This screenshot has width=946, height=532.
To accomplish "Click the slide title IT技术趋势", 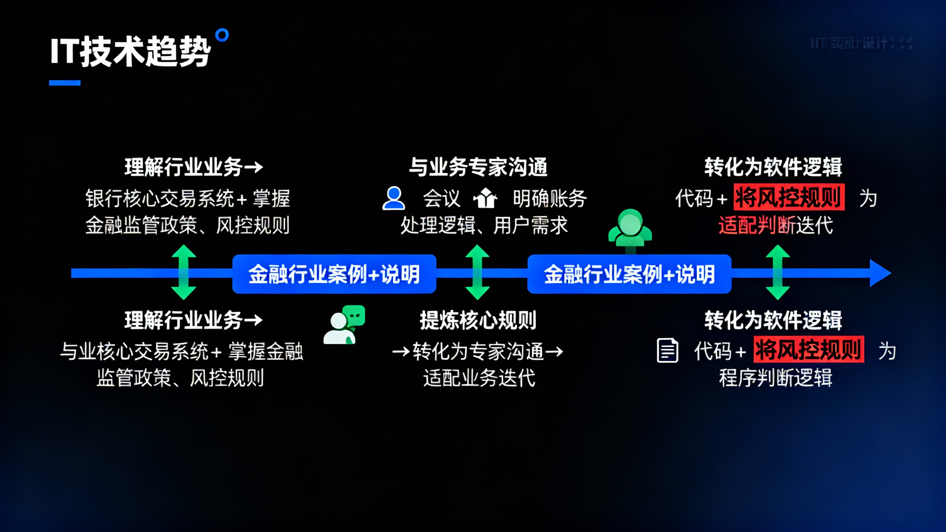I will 130,52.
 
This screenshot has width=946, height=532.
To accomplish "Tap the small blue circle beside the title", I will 222,36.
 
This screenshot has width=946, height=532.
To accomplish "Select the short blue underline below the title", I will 65,83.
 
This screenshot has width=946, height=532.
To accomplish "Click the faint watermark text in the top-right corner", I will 861,43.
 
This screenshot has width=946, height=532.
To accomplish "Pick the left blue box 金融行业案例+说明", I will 334,274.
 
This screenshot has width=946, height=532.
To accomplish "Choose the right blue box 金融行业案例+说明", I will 629,274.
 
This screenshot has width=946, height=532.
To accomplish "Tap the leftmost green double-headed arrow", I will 184,272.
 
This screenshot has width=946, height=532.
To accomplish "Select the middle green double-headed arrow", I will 477,272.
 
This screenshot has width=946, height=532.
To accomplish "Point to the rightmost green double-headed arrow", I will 778,272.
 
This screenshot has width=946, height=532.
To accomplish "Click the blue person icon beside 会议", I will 394,198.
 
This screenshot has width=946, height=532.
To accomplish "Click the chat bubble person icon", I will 344,325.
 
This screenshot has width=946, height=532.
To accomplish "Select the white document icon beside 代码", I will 667,350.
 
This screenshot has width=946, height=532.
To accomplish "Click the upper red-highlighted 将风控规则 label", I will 789,197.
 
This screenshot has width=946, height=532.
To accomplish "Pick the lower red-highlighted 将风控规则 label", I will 809,349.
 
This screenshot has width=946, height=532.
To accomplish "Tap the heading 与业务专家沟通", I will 478,167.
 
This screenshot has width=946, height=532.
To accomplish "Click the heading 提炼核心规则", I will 478,320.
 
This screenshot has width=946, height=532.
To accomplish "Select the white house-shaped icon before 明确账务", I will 485,198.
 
